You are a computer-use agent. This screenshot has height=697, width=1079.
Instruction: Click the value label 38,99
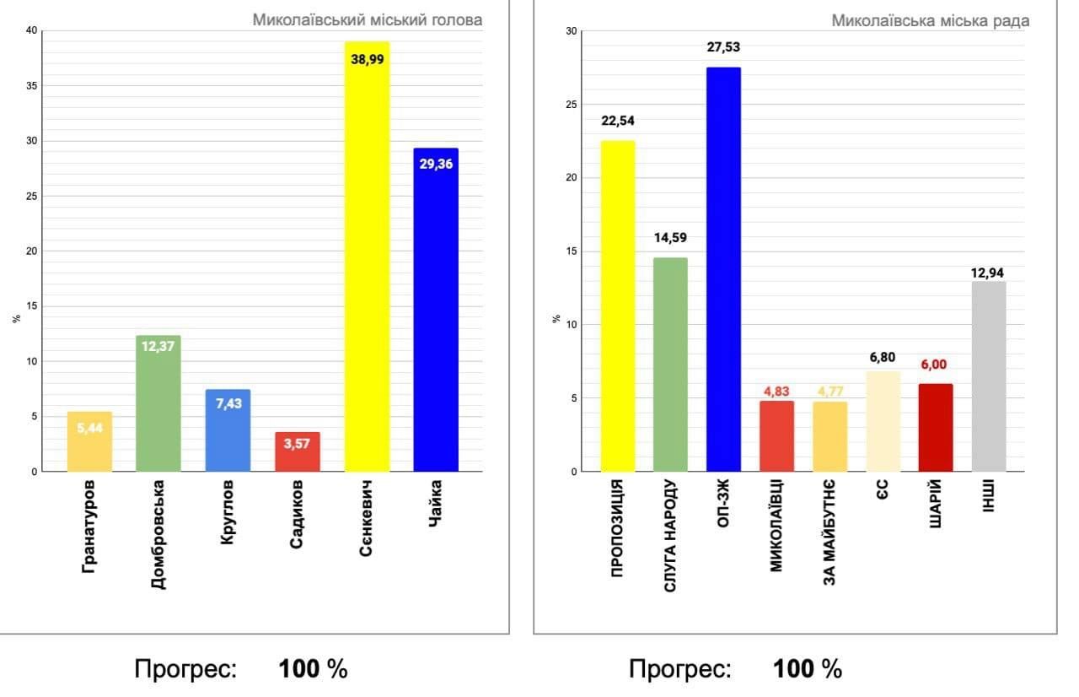(x=368, y=59)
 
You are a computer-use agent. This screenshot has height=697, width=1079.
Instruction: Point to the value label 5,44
(x=89, y=428)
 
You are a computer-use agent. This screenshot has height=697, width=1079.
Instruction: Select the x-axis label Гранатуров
(x=89, y=525)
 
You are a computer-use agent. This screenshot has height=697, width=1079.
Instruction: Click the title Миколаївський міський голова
(x=368, y=19)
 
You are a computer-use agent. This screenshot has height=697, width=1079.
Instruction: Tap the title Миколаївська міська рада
(x=930, y=20)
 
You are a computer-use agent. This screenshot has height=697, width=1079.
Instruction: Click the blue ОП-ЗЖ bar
(x=723, y=270)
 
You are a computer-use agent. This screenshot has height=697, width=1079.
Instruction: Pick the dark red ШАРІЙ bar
(x=936, y=429)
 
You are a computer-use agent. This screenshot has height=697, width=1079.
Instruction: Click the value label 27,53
(x=723, y=47)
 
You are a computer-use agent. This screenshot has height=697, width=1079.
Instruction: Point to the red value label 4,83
(x=776, y=391)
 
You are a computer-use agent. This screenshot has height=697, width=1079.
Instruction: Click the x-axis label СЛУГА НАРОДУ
(x=671, y=535)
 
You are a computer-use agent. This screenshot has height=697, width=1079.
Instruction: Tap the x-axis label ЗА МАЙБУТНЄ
(x=829, y=532)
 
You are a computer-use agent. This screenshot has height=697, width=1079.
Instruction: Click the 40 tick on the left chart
(x=32, y=31)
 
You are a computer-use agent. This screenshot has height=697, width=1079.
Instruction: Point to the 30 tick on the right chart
(x=571, y=31)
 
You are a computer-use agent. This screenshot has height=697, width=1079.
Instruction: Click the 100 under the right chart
(x=795, y=669)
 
